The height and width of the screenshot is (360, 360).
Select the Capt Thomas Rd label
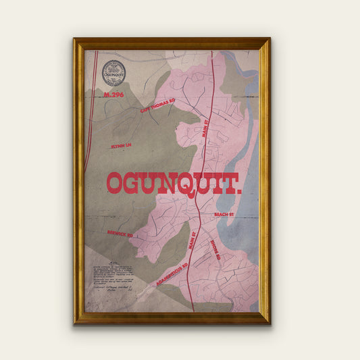click(x=157, y=105)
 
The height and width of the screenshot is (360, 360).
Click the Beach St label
click(x=223, y=214)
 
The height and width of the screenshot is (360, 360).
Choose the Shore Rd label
click(x=215, y=252)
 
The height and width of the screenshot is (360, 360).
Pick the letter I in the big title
click(x=215, y=183)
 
